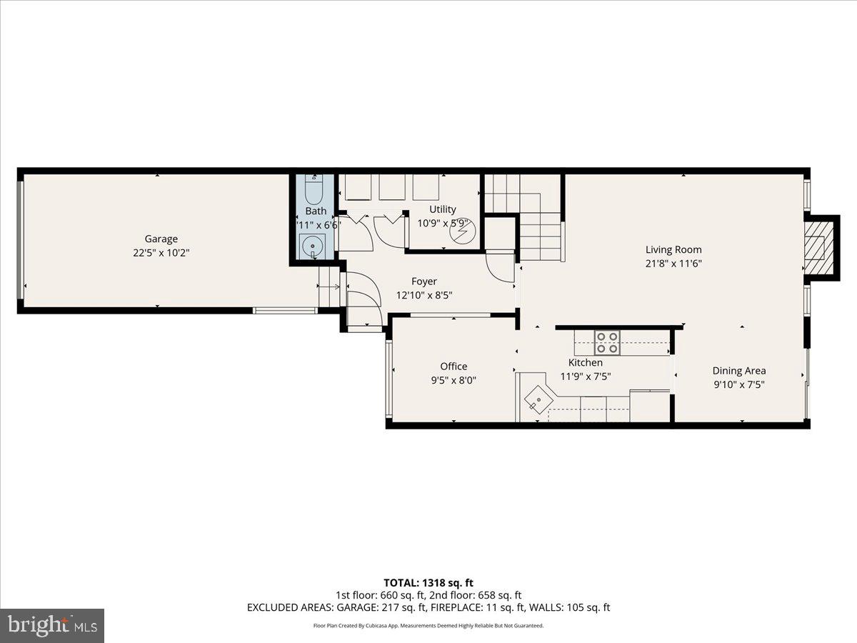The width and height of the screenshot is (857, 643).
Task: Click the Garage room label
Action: point(161,239)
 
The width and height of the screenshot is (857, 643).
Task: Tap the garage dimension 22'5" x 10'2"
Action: point(161,252)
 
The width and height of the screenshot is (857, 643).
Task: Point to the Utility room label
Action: point(442,209)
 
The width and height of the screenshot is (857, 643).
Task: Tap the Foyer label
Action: point(424,281)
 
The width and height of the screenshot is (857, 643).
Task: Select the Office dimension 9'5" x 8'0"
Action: point(453,381)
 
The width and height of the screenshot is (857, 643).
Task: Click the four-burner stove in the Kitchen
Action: point(608,343)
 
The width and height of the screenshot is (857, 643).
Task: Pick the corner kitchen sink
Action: point(536,397)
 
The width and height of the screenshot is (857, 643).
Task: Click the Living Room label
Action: point(673,249)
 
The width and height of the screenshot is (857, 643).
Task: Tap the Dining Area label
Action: point(738,370)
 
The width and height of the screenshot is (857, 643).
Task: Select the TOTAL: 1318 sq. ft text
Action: point(428,583)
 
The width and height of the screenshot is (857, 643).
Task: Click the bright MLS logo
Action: point(52,625)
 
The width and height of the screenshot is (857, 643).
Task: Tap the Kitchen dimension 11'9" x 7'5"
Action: point(585,376)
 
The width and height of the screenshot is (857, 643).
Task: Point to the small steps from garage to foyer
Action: point(329,286)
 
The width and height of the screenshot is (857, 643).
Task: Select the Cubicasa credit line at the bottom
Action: point(428,625)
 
